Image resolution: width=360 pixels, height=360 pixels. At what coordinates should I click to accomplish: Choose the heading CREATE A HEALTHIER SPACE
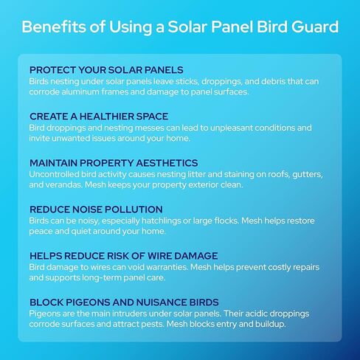tap(99, 117)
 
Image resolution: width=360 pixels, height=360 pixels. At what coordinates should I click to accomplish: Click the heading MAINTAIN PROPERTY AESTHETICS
tap(114, 162)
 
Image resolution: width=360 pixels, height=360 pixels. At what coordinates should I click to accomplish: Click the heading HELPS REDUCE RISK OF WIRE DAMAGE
tap(124, 255)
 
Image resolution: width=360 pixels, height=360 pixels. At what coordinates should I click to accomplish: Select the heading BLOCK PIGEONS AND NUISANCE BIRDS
tap(124, 302)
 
